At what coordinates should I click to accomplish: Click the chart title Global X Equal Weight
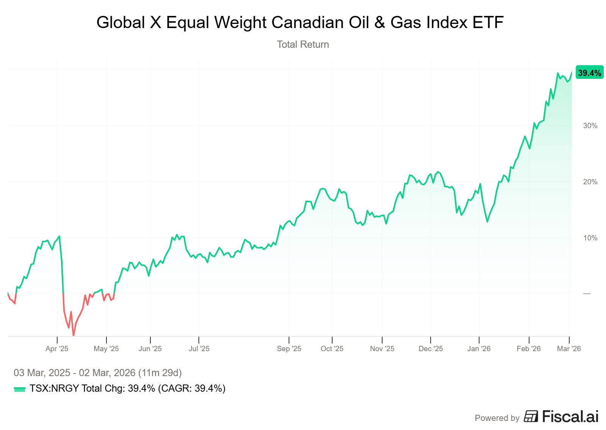300,22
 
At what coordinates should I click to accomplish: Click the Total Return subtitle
303,44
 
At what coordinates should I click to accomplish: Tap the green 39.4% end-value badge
589,73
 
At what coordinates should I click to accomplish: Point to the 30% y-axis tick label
590,126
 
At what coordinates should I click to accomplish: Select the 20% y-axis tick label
590,182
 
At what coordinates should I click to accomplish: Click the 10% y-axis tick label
590,238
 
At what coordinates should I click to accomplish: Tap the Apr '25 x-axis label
57,348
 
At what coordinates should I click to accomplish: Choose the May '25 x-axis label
106,348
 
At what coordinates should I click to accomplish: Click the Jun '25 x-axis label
150,348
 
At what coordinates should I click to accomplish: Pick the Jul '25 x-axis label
199,348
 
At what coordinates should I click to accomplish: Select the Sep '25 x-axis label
289,348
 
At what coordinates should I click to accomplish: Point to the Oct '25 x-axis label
332,348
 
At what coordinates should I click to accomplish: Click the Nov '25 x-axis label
382,348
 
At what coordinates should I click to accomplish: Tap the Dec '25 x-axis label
431,348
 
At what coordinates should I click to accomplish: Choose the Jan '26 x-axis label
479,348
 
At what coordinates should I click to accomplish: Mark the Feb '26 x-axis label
529,348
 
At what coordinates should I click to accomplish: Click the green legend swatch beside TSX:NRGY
19,389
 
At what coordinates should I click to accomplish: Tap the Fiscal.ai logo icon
531,416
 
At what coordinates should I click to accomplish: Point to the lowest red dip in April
73,335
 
